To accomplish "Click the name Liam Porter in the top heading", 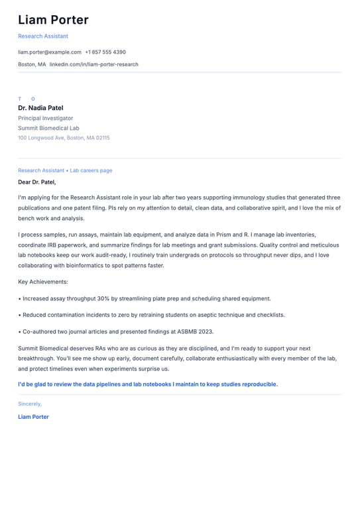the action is pos(53,20).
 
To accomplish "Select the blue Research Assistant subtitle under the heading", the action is pos(43,36).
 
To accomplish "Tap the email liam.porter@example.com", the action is pos(50,52).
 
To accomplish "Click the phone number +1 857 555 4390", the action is pos(105,52).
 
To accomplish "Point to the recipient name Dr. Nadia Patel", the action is pos(40,107).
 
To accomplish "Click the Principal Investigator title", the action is pos(45,118).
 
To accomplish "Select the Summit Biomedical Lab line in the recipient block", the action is pos(48,128).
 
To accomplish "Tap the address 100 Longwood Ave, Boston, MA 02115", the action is pos(64,138).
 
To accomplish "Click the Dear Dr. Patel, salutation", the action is pos(37,182).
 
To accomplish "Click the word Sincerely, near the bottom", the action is pos(30,404).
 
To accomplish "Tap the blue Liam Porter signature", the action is pos(33,417).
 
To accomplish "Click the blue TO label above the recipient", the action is pos(27,99).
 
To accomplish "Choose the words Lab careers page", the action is pos(91,170).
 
